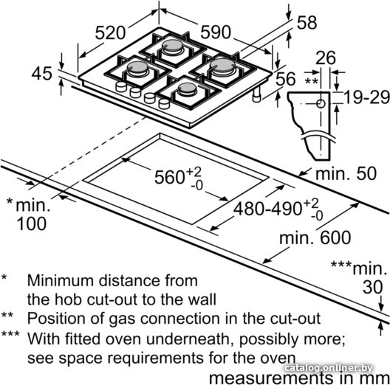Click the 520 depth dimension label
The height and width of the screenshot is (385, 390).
coord(110,33)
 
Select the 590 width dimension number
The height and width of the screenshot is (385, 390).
coord(216,32)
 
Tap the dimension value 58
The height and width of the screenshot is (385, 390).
coord(307,23)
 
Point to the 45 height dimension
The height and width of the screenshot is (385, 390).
coord(42,73)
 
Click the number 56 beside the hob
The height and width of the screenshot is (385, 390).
coord(286,79)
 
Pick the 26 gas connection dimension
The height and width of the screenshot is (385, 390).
coord(326,58)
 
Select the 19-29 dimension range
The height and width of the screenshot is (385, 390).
coord(366,97)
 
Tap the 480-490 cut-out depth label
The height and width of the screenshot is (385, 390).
coord(267,208)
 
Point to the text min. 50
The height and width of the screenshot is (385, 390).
coord(346,173)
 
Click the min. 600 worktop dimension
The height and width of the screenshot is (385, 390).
coord(315,237)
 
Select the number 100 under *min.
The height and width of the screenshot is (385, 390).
coord(32,223)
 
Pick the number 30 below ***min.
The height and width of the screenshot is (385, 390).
coord(372,288)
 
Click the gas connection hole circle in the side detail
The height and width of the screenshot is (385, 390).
coord(321,103)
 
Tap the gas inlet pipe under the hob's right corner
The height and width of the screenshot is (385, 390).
coord(257,94)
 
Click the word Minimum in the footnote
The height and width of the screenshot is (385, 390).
coord(61,281)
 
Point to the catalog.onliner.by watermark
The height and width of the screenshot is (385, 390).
coord(328,368)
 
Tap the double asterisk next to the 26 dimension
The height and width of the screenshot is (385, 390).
coord(311,80)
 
